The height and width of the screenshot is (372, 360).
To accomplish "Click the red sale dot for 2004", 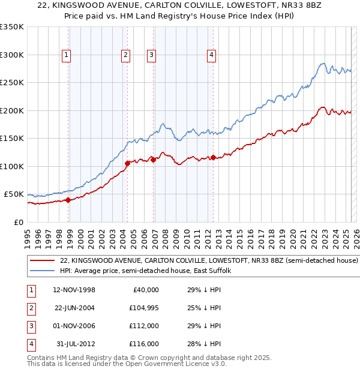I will point(127,163).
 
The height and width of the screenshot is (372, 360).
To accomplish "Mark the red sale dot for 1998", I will point(68,200).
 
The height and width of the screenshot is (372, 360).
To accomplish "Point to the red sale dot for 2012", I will point(213,157).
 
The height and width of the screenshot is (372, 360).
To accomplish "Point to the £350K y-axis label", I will point(12,27).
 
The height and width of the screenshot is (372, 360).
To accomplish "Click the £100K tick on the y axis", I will point(12,166).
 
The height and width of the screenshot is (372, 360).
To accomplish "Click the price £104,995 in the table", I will point(143,308).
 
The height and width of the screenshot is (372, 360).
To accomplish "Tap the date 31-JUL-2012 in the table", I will point(76,344).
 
